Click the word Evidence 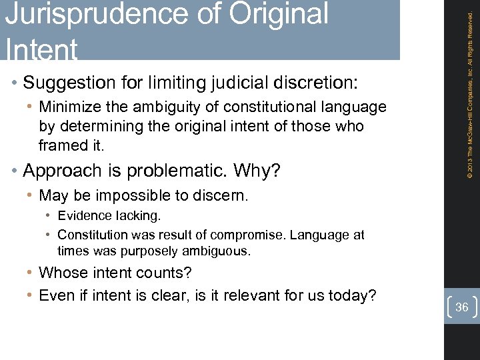point(83,216)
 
